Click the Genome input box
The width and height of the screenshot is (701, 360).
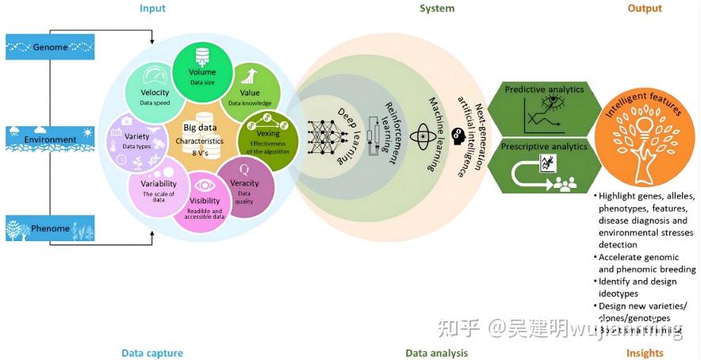[x=50, y=48]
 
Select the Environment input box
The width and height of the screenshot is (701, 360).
[x=50, y=139]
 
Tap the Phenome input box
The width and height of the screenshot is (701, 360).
[x=50, y=229]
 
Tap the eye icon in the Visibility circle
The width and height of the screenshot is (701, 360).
[x=205, y=184]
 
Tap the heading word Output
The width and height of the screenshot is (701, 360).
[x=644, y=9]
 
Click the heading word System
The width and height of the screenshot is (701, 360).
[x=437, y=9]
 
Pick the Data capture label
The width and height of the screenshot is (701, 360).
[x=152, y=353]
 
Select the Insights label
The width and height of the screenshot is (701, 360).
[x=645, y=353]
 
